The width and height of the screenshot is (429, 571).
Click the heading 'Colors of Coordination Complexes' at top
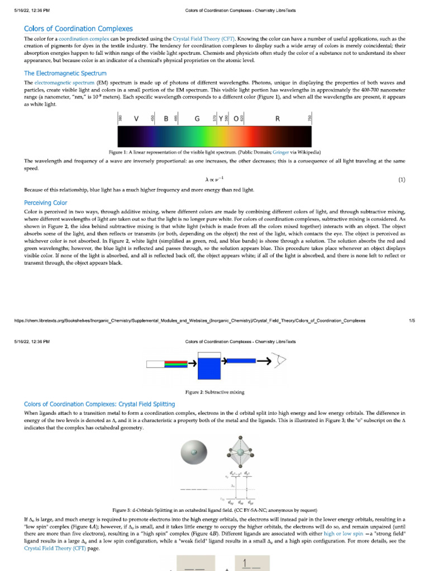[78, 28]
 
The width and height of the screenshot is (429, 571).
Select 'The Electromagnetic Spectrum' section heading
[65, 73]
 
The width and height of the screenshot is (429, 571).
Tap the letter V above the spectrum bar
[136, 119]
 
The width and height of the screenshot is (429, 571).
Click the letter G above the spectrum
[197, 119]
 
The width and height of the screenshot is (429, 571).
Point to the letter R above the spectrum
[278, 119]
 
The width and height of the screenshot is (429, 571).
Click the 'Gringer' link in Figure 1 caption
[280, 152]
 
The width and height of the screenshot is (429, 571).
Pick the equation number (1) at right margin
[401, 180]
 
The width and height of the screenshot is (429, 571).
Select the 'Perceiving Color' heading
[45, 203]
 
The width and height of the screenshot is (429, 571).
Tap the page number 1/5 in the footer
[412, 321]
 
